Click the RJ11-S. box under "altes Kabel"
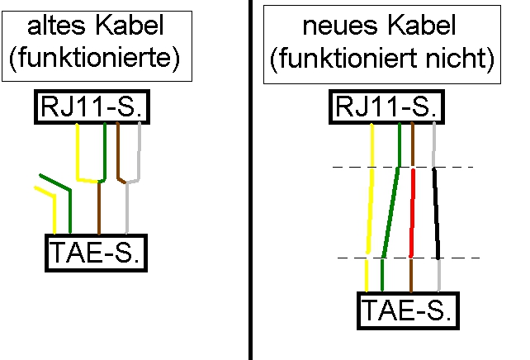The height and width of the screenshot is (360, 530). point(93,107)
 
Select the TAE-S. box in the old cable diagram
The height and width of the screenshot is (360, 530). point(97,253)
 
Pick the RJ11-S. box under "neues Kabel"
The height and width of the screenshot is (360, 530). point(385,107)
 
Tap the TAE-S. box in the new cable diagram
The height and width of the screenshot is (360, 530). point(409,310)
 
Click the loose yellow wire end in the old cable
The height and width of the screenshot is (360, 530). point(44,191)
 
